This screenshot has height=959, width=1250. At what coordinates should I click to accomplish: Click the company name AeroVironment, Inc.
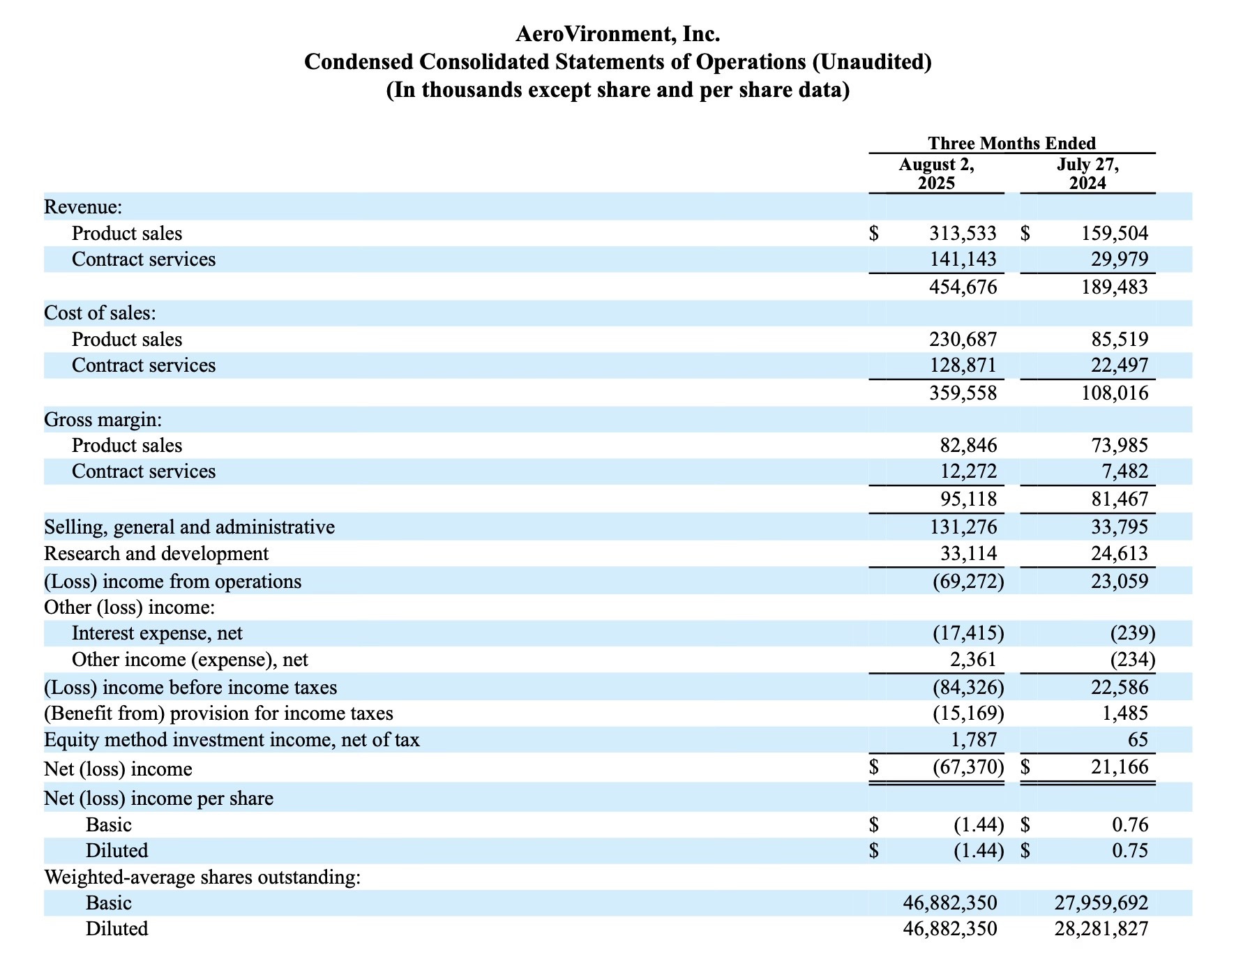tap(617, 33)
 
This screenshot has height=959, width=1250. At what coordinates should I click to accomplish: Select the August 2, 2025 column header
tap(936, 174)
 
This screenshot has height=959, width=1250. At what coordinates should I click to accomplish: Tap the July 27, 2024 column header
tap(1087, 174)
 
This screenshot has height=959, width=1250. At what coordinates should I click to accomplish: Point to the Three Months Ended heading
tap(1011, 143)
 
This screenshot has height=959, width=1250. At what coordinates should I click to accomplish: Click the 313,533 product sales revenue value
tap(963, 233)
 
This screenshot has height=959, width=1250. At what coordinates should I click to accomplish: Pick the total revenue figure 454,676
tap(963, 287)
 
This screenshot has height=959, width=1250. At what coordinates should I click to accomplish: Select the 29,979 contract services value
tap(1120, 259)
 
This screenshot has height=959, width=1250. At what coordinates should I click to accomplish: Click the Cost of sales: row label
tap(100, 313)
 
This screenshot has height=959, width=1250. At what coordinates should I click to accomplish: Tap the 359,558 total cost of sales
tap(963, 393)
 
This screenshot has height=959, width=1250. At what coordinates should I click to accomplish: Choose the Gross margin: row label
tap(103, 420)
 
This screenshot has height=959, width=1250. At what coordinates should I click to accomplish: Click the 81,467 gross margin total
tap(1120, 499)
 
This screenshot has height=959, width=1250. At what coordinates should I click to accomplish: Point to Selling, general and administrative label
tap(189, 527)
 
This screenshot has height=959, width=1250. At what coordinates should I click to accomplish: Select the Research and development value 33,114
tap(968, 554)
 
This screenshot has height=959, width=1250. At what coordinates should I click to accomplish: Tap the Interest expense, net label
tap(157, 633)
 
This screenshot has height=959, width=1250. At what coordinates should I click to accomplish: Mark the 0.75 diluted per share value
tap(1129, 851)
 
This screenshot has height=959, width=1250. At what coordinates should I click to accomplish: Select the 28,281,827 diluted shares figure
tap(1101, 929)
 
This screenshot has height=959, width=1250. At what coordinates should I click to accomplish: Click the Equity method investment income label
tap(232, 740)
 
